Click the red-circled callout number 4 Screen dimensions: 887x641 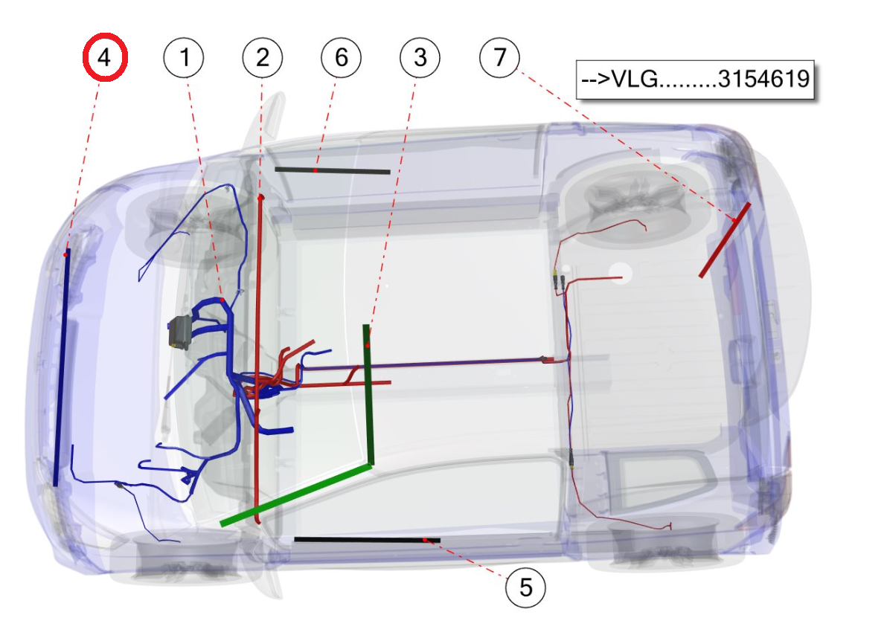click(x=105, y=57)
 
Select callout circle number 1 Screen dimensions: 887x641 click(x=184, y=58)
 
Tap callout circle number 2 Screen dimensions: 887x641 click(x=263, y=58)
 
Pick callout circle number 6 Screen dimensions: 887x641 click(x=341, y=58)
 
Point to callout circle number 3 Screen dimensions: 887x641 click(x=420, y=58)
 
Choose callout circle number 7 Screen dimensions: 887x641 click(x=499, y=58)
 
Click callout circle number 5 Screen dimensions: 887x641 click(x=525, y=588)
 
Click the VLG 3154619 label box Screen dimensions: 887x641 click(x=695, y=79)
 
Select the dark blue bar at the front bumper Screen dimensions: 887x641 click(x=62, y=367)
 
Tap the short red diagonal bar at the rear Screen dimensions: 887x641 click(x=725, y=240)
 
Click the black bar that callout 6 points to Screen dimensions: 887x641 click(x=333, y=170)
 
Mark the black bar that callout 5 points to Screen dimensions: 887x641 click(x=367, y=540)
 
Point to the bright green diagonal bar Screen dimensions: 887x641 click(x=296, y=495)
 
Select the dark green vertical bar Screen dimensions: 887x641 click(x=368, y=395)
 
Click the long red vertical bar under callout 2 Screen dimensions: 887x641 click(x=259, y=359)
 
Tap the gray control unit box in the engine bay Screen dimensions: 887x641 click(x=180, y=333)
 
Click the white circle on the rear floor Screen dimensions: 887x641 click(x=620, y=273)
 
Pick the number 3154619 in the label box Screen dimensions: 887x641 click(x=763, y=79)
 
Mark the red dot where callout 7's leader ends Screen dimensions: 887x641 click(x=734, y=220)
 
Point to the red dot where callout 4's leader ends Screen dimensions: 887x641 click(x=65, y=255)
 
